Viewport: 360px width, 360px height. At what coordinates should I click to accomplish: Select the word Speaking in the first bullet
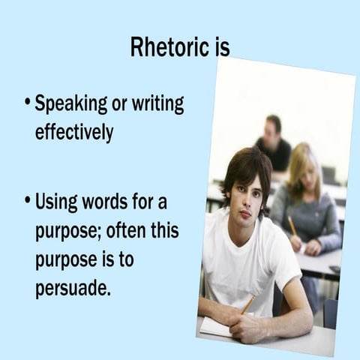coord(71,103)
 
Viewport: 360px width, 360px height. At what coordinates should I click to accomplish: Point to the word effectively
coord(73,132)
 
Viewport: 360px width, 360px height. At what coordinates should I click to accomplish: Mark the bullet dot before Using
coord(27,202)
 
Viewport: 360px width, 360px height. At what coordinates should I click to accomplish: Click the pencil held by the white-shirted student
coord(247,304)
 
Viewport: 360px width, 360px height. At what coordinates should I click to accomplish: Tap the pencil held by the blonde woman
coord(292,224)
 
